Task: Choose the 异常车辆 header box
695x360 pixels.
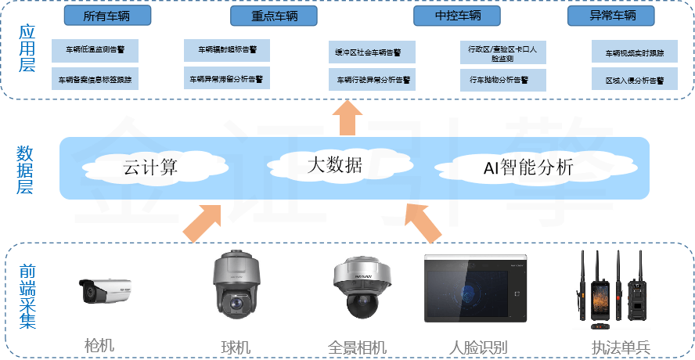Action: pos(612,16)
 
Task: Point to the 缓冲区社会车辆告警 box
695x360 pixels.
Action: pos(372,52)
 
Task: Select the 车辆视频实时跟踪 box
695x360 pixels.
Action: pos(634,53)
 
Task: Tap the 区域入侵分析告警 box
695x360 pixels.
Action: pos(634,80)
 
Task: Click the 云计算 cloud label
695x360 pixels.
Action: pos(151,167)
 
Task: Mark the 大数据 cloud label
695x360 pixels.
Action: pos(334,165)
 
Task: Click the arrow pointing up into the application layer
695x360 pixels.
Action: pos(347,117)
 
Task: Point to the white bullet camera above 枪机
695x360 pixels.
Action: pos(104,292)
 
